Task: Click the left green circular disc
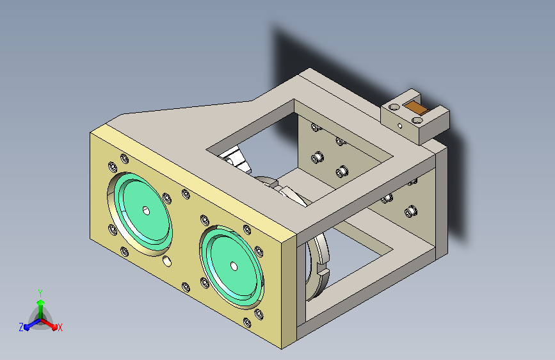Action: click(x=143, y=213)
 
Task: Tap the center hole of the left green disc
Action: click(x=146, y=211)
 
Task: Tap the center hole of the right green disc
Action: click(x=234, y=266)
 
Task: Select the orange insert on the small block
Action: click(x=416, y=108)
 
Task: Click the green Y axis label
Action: click(x=40, y=293)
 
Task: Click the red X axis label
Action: click(x=60, y=327)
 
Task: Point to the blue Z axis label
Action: click(x=21, y=327)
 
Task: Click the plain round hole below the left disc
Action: click(x=167, y=261)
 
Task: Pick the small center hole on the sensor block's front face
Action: click(x=400, y=126)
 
